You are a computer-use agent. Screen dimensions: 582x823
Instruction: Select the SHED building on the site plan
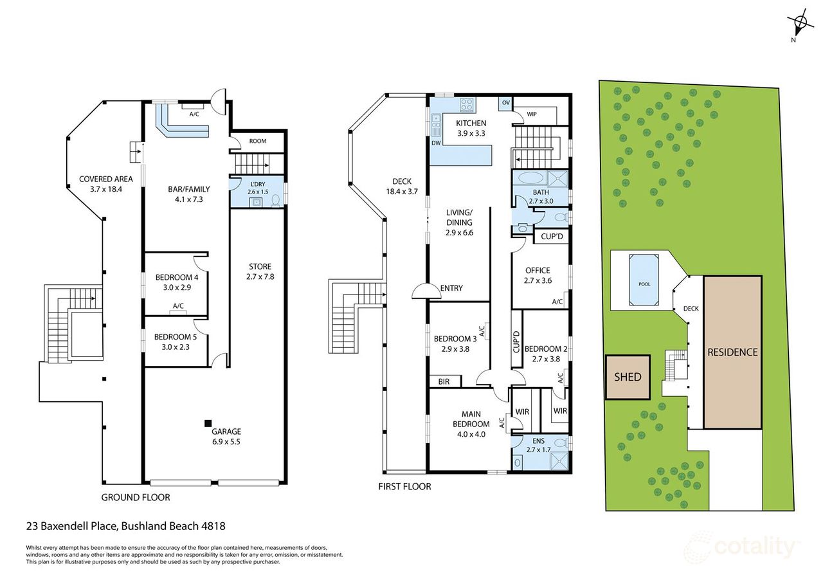628,377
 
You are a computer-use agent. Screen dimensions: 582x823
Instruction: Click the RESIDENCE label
732,352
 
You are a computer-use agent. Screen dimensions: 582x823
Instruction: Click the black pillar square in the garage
208,423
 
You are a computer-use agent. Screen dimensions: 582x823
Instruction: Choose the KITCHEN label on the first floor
471,123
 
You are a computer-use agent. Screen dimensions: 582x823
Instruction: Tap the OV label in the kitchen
505,103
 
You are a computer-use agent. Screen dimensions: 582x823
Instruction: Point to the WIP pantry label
531,114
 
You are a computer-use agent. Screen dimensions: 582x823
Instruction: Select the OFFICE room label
538,271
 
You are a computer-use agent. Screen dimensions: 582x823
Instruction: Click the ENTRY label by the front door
451,289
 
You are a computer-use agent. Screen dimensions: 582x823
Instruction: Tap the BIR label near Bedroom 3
444,381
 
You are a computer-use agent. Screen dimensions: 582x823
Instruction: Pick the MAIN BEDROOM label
471,419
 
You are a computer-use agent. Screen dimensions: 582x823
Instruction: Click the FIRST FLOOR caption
404,487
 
